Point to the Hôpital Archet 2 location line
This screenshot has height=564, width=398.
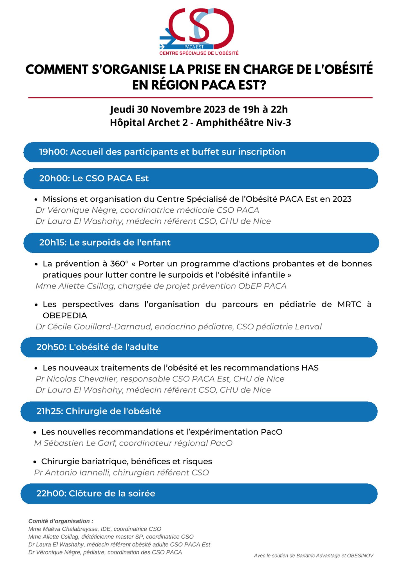[200, 123]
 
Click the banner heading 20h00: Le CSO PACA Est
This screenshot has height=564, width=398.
[94, 179]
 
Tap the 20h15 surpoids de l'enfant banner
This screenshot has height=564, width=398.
[105, 243]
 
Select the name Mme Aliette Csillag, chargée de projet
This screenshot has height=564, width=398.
[75, 286]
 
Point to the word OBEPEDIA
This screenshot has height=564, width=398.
[65, 316]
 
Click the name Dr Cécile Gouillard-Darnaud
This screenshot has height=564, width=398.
[93, 327]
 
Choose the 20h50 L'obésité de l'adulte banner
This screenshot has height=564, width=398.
[97, 347]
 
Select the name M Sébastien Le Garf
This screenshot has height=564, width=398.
[75, 443]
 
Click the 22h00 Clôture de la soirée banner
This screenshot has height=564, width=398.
[96, 493]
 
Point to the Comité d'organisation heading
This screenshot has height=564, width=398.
[61, 521]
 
